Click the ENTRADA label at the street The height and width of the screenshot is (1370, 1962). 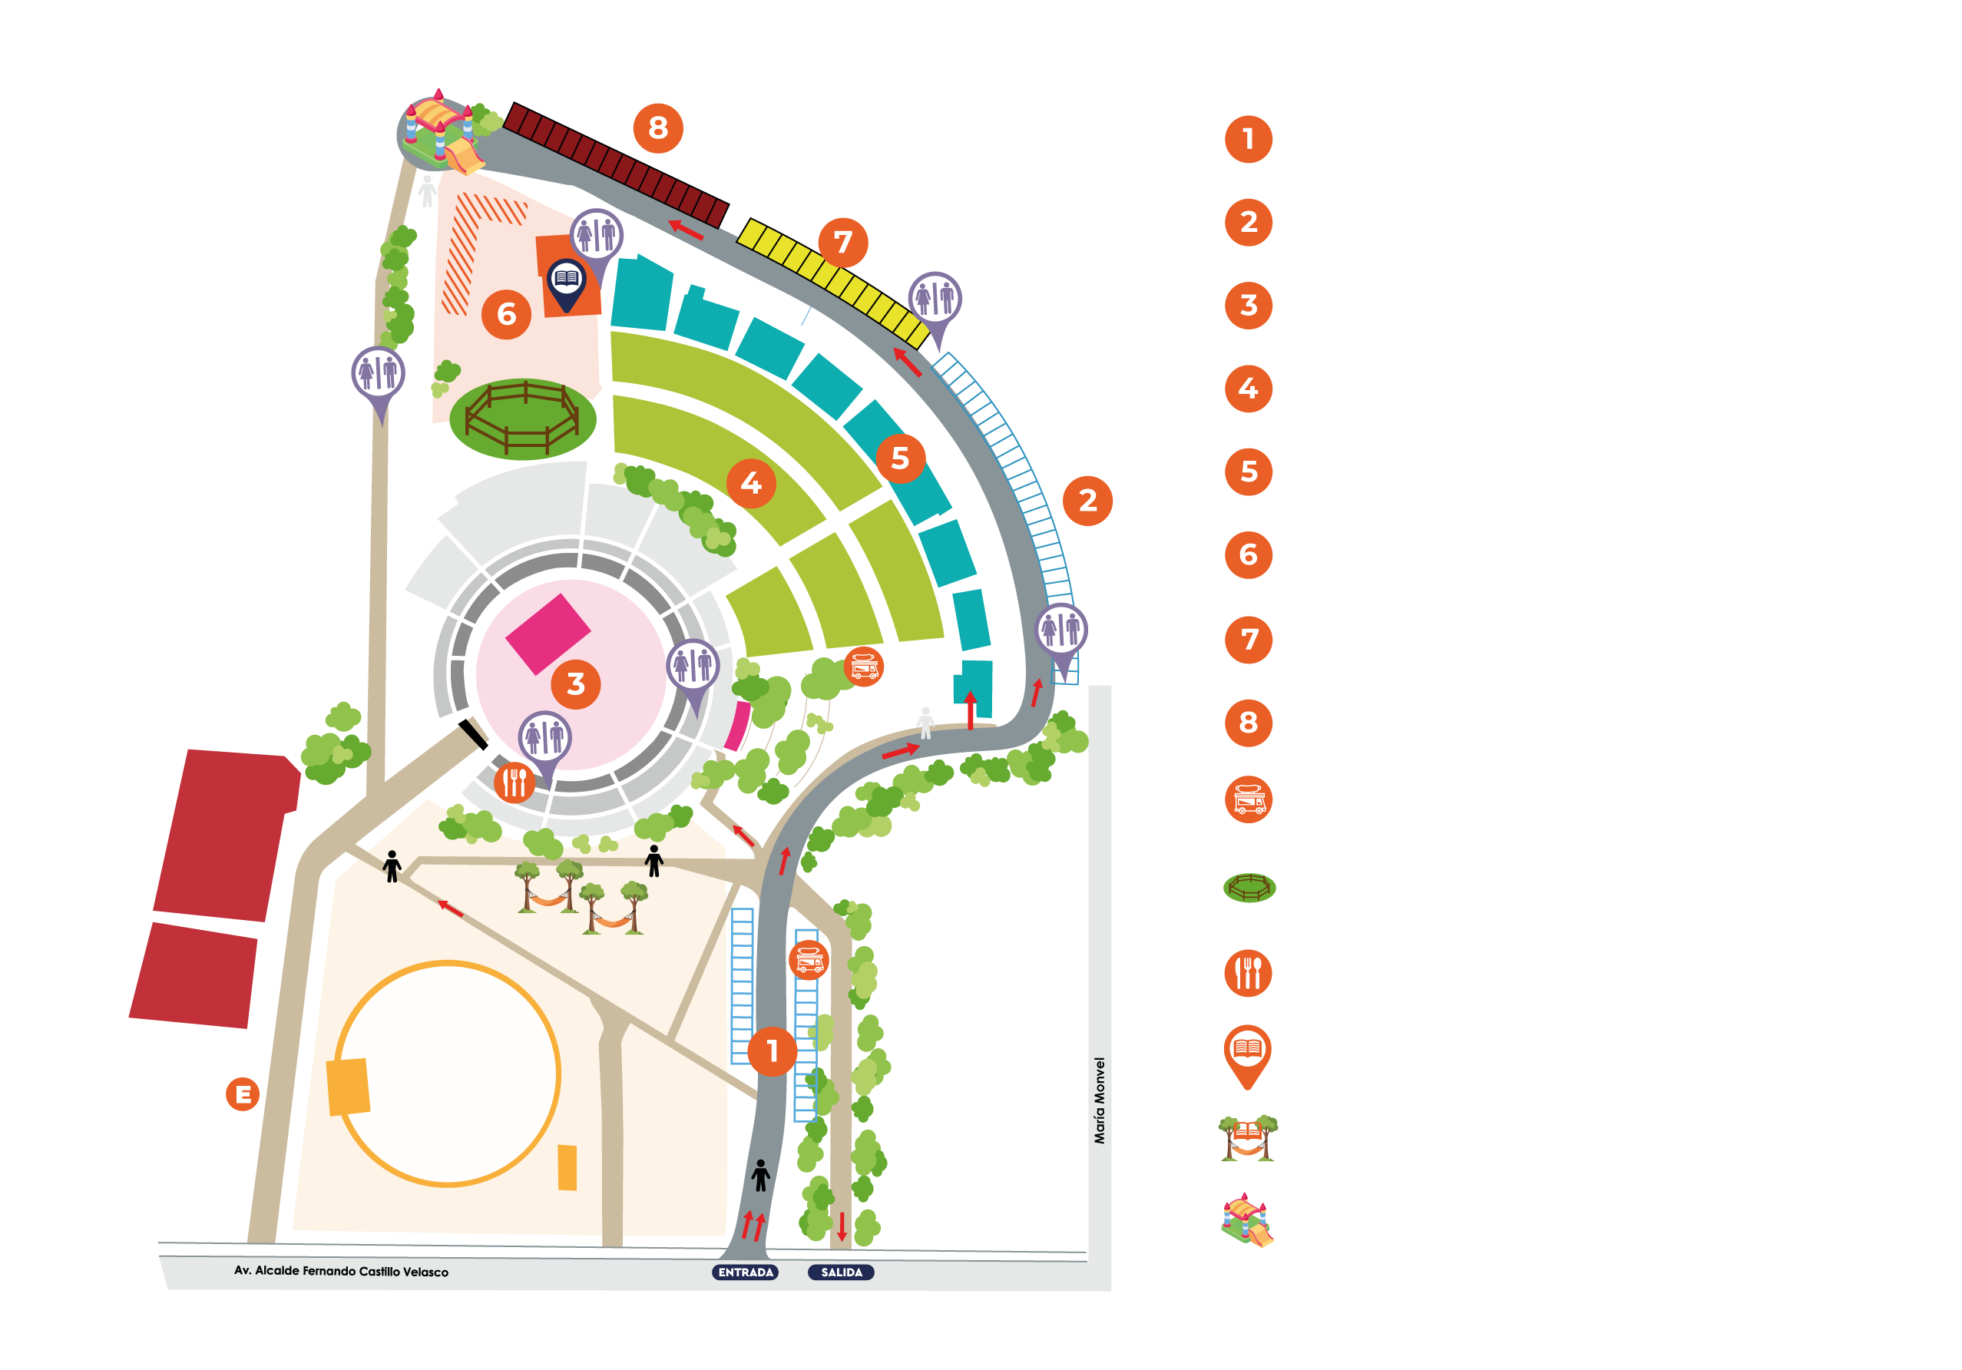coord(745,1272)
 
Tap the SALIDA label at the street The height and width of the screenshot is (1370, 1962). coord(842,1272)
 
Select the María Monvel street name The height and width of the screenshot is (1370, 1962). coord(1100,1100)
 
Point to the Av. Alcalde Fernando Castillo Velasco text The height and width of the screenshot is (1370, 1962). coord(341,1271)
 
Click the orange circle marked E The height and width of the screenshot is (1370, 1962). coord(243,1094)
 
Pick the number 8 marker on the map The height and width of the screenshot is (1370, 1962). coord(658,128)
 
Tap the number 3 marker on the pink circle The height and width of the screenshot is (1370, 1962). coord(576,683)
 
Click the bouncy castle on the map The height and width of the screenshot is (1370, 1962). coord(440,133)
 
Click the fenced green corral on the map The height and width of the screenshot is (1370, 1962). coord(523,419)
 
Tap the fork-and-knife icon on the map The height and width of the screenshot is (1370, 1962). coord(514,781)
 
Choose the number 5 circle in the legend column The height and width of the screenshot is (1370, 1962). coord(1249,472)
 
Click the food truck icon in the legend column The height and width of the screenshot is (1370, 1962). coord(1249,800)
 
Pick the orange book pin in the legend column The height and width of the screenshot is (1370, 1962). coord(1248,1057)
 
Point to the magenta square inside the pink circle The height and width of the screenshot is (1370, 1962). coord(548,634)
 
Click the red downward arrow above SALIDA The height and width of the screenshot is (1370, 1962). coord(842,1226)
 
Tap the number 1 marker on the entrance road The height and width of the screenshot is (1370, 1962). coord(773,1051)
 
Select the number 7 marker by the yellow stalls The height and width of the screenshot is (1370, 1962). coord(843,243)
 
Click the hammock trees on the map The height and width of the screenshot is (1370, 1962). coord(581,898)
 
